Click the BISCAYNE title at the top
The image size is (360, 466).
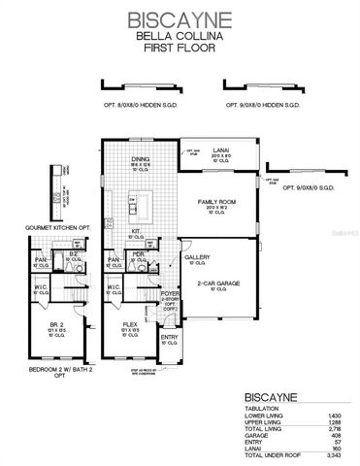[180, 18]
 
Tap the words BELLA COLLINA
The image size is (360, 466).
[180, 35]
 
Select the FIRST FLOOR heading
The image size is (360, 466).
[180, 46]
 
